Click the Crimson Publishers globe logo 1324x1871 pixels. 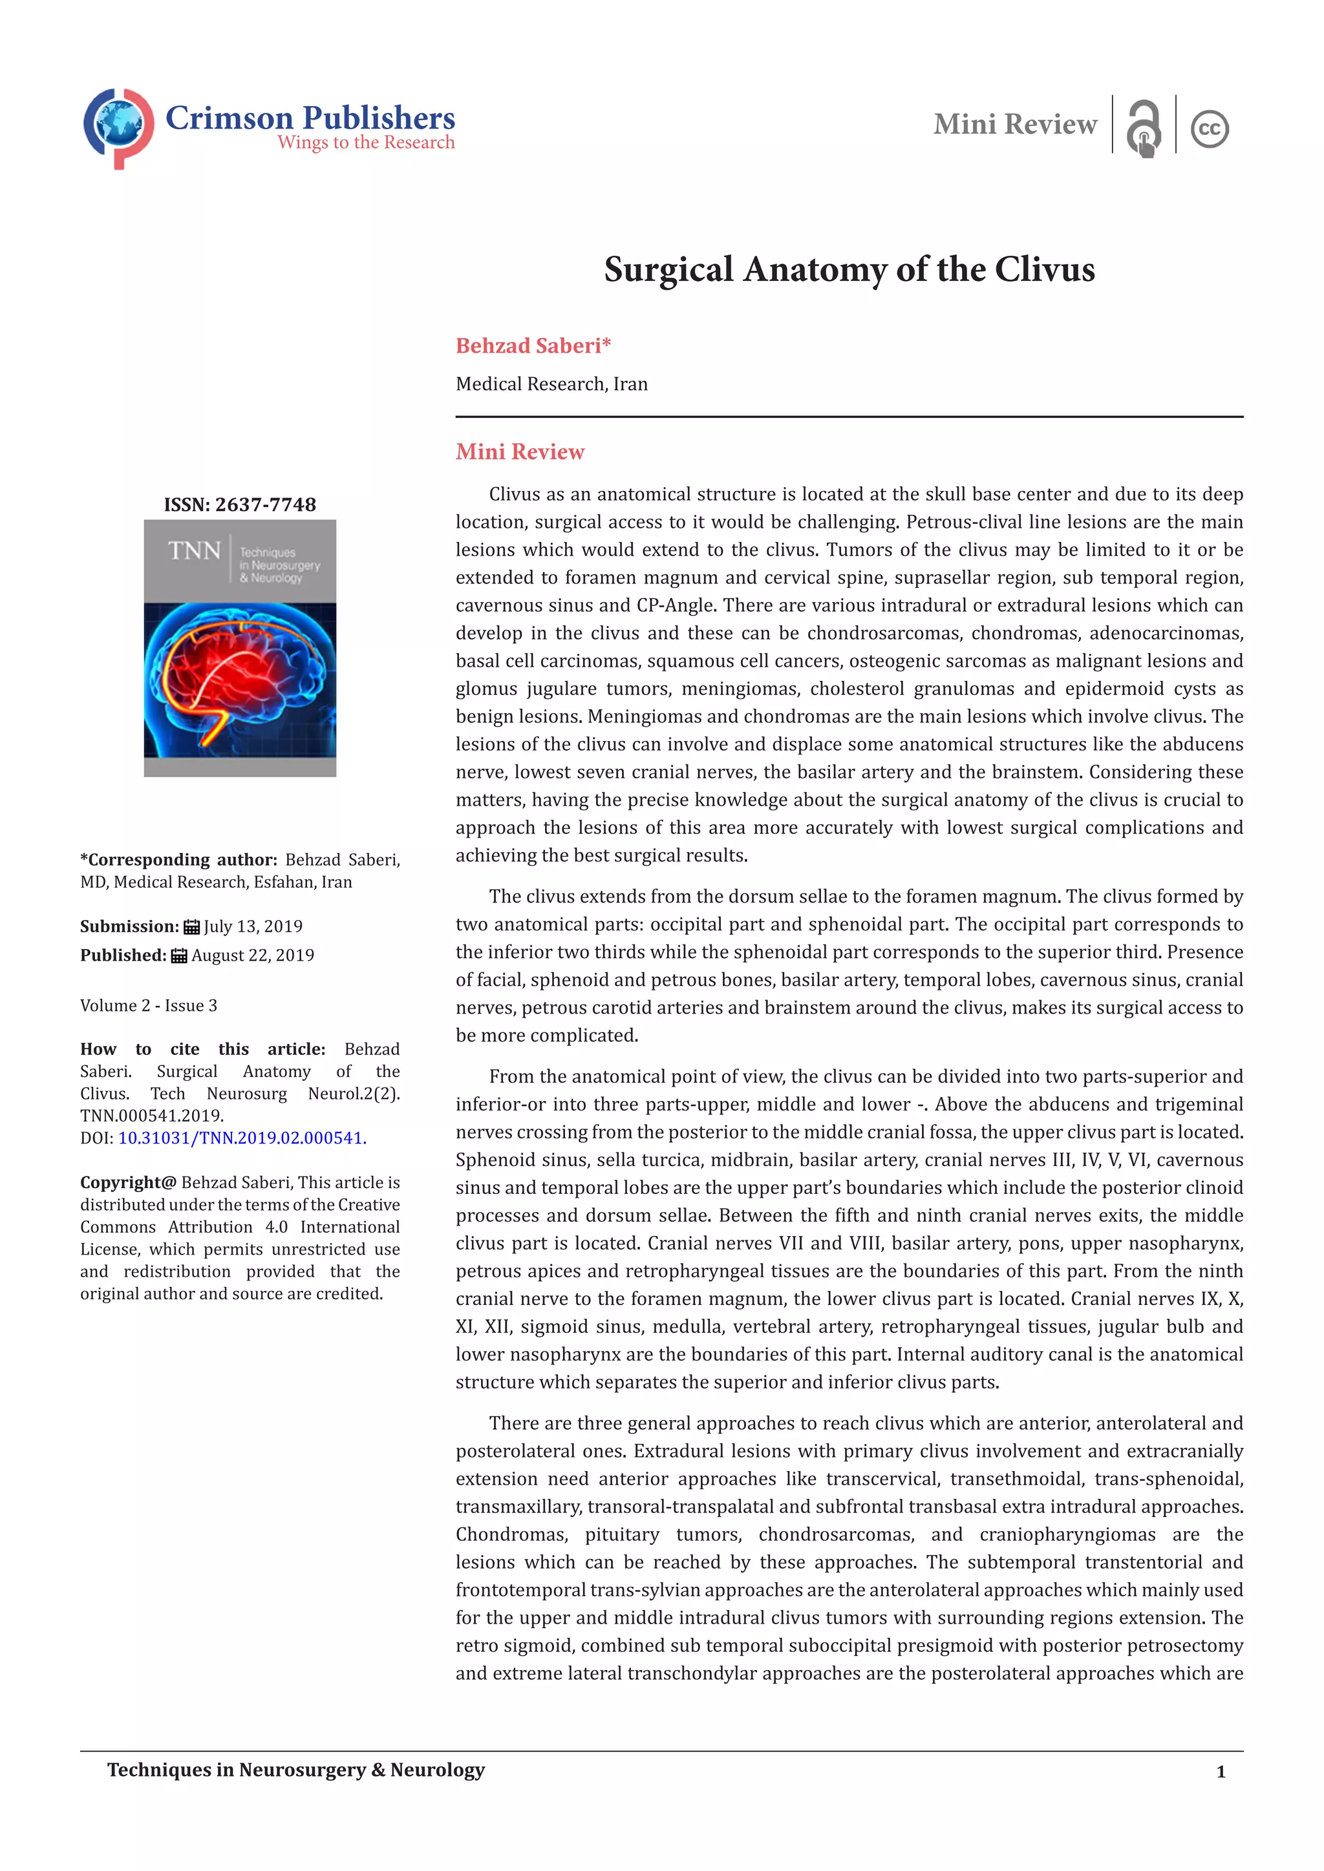pyautogui.click(x=118, y=127)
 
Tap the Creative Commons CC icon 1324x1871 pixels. pyautogui.click(x=1209, y=129)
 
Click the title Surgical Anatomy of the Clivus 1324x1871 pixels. pyautogui.click(x=849, y=269)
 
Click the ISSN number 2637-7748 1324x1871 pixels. pyautogui.click(x=265, y=505)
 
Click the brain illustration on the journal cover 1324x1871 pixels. pyautogui.click(x=240, y=680)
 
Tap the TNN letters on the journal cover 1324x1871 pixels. pyautogui.click(x=194, y=552)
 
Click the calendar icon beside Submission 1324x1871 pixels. pyautogui.click(x=191, y=926)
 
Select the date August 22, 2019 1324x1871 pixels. pyautogui.click(x=253, y=955)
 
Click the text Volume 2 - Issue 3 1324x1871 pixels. pyautogui.click(x=149, y=1005)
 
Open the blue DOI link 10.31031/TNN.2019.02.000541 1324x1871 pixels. pyautogui.click(x=242, y=1138)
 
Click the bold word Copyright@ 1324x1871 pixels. pyautogui.click(x=128, y=1182)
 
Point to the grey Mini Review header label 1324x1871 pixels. pyautogui.click(x=1015, y=125)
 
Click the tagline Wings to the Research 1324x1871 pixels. pyautogui.click(x=365, y=143)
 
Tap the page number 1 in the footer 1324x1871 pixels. pyautogui.click(x=1221, y=1772)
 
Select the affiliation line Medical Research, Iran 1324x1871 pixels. pyautogui.click(x=551, y=384)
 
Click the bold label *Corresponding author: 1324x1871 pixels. pyautogui.click(x=178, y=860)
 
